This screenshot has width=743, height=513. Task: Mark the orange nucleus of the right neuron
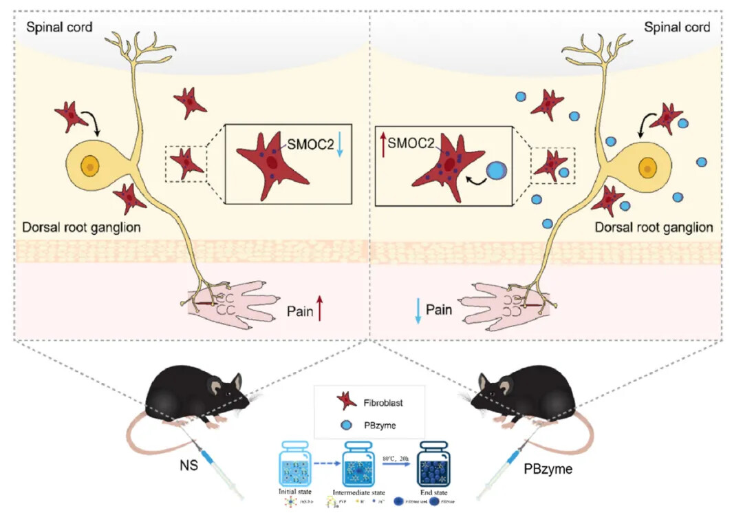[x=647, y=167]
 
